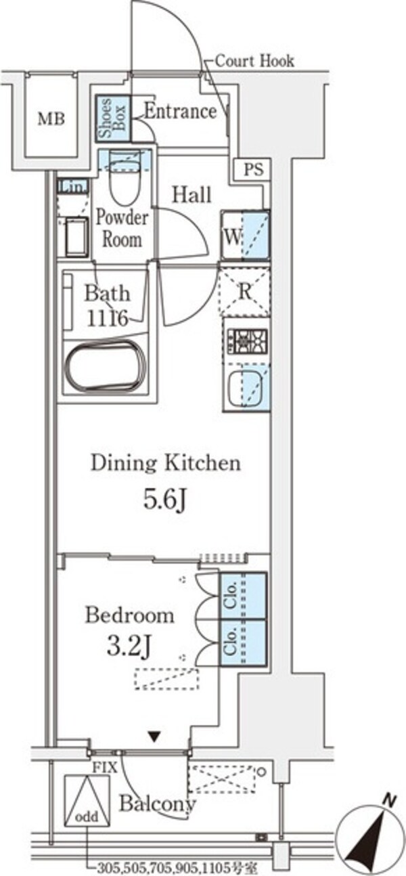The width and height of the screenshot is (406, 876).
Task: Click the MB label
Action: point(51,118)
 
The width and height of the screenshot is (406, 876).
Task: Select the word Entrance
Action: point(180,112)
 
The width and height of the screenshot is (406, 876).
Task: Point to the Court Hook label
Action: point(254,61)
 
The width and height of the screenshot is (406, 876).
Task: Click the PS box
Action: point(254,170)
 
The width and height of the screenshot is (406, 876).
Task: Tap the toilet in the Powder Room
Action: point(125,178)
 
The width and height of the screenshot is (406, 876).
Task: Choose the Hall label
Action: point(192,194)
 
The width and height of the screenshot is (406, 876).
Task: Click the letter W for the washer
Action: point(232,236)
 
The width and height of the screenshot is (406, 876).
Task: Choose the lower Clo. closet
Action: point(243,642)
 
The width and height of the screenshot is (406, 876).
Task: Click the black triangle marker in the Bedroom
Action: point(156,737)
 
